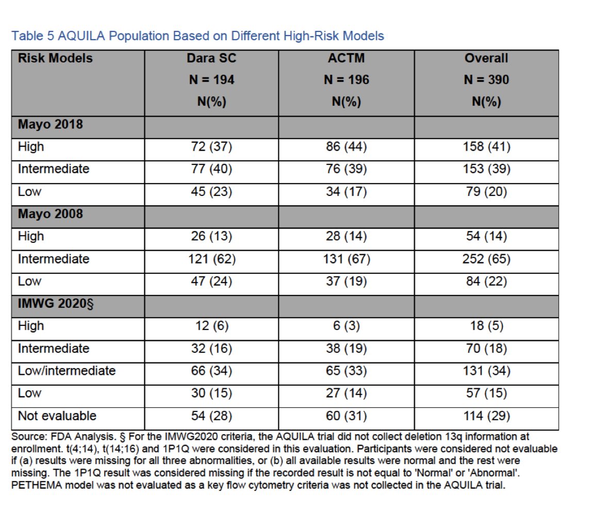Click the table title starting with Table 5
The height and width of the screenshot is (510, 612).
pos(197,36)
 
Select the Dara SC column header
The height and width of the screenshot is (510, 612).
pos(211,58)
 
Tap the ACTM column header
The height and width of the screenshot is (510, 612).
pos(346,58)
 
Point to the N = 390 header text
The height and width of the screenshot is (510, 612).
pos(486,79)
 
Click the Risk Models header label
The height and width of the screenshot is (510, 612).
pos(55,58)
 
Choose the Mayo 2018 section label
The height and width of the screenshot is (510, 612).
pos(51,125)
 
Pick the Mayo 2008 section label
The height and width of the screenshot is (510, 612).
pos(51,214)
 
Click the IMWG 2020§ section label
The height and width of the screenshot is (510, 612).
pos(56,303)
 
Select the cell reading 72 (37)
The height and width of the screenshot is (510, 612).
pos(211,147)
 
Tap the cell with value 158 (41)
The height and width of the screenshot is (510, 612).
pos(487,147)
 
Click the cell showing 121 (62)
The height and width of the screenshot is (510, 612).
pos(212,259)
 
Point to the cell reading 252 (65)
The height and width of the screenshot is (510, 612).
pos(487,259)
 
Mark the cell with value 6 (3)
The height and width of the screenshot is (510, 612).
pos(346,326)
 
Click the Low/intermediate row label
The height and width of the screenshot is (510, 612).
pos(67,371)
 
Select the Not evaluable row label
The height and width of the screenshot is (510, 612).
pos(57,416)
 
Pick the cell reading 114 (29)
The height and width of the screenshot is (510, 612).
pos(487,416)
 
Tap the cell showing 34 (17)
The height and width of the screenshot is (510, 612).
pos(346,192)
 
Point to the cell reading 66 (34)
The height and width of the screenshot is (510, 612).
pos(211,371)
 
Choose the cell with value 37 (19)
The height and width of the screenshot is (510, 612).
pos(346,281)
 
